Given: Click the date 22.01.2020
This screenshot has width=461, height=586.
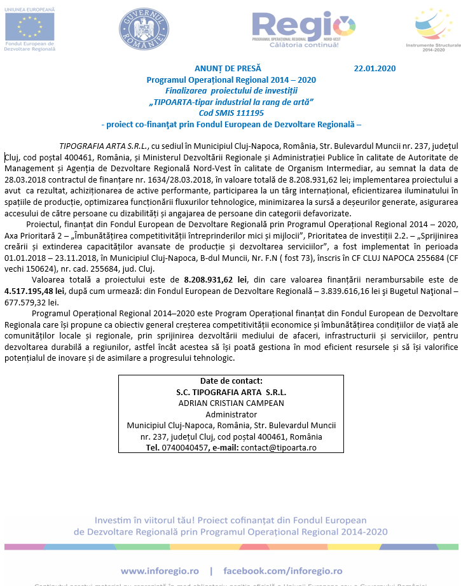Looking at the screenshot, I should coord(375,69).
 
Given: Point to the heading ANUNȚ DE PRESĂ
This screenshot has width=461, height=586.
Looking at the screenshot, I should coord(228,69).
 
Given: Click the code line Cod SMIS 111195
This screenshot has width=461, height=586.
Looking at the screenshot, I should coord(231,112).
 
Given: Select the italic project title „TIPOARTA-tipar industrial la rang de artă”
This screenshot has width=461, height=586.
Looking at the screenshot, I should coord(231,101).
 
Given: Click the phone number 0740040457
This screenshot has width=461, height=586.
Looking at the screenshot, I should coord(184,447).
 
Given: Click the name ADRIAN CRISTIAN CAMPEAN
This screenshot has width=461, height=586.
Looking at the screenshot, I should coord(231,403).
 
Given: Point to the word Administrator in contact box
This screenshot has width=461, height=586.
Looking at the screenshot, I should coord(231,414).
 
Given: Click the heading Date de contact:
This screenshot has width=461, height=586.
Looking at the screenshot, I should coord(231,381).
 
